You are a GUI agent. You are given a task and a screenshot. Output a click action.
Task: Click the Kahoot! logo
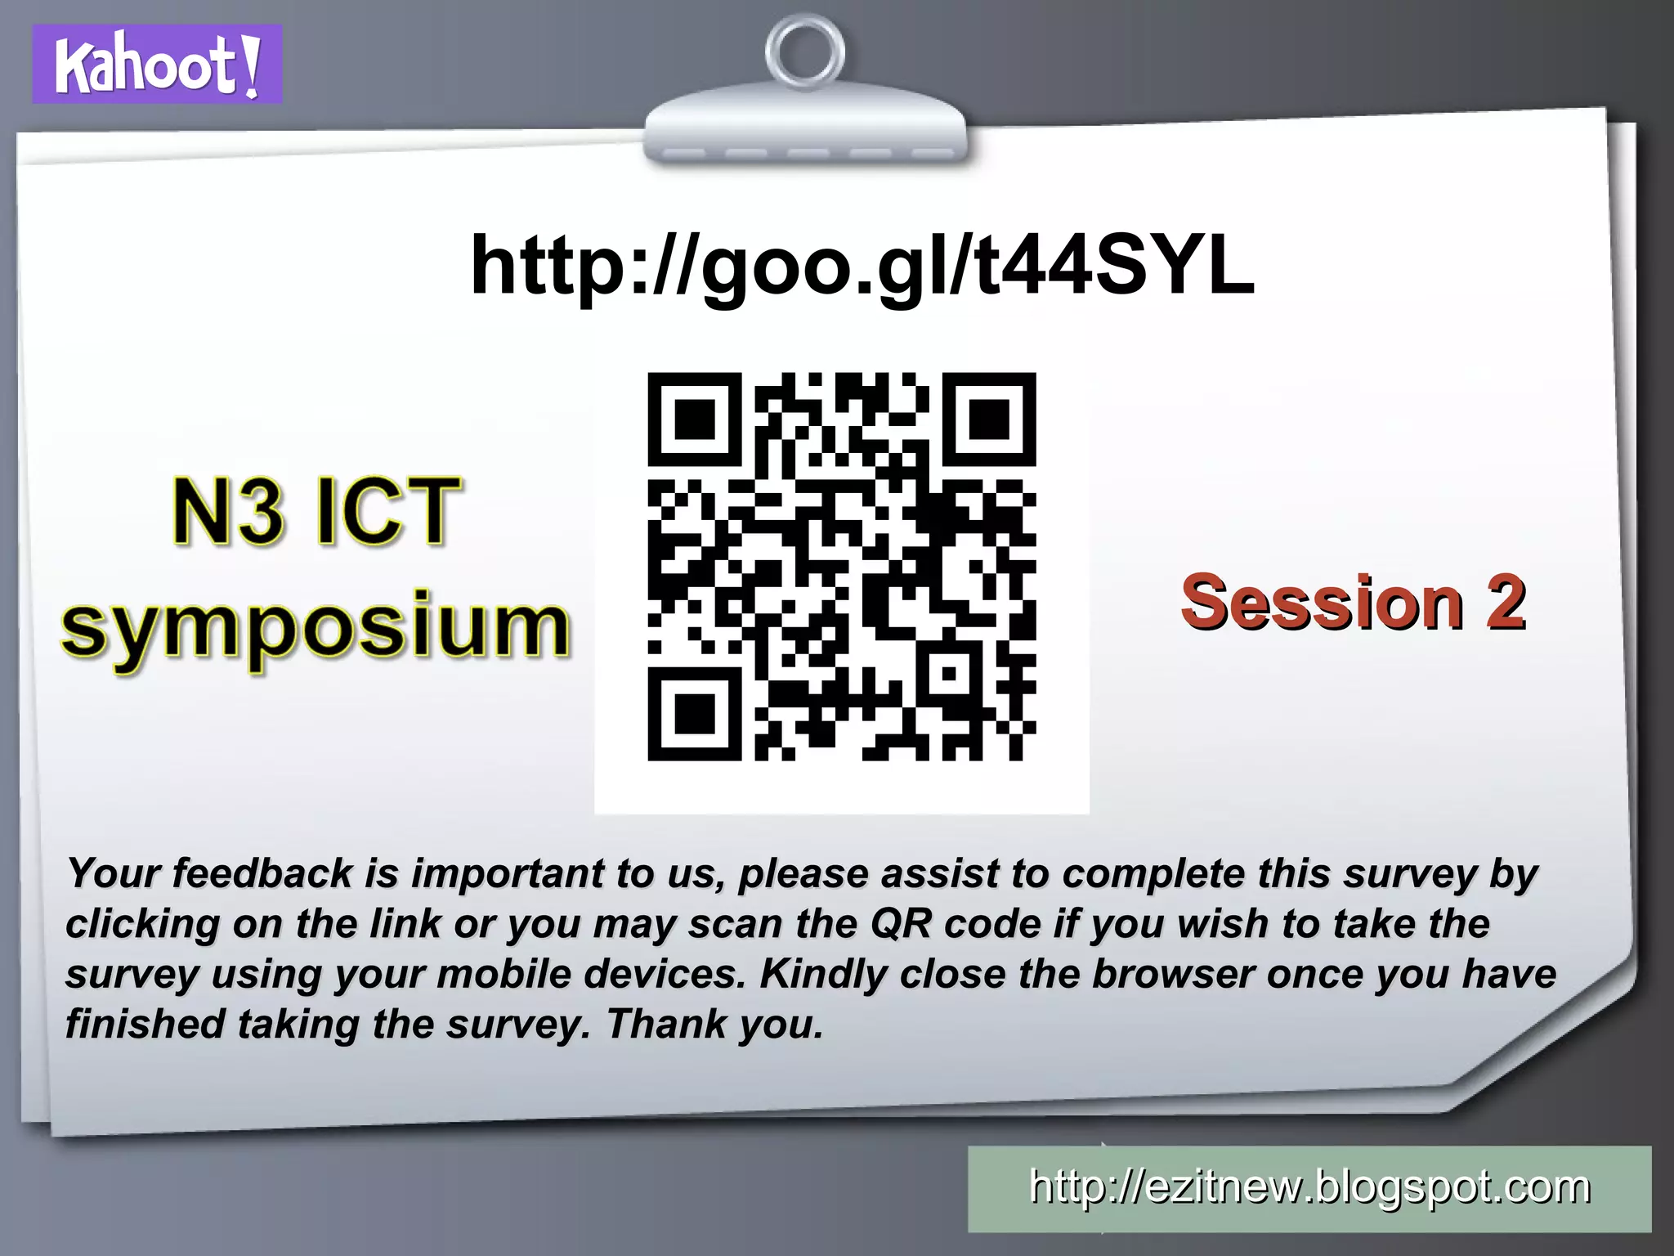(x=157, y=65)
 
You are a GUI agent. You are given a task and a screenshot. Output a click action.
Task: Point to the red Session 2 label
(x=1353, y=603)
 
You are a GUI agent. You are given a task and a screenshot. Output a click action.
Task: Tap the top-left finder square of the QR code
(x=694, y=419)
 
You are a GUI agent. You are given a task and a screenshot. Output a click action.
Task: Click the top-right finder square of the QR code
(x=989, y=419)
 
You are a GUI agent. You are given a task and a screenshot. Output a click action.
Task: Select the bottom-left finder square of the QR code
(x=694, y=714)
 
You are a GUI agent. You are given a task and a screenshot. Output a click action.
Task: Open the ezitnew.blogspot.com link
(x=1309, y=1187)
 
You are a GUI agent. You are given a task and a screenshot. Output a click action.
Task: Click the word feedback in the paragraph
(x=262, y=873)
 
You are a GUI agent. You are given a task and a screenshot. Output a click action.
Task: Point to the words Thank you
(x=714, y=1025)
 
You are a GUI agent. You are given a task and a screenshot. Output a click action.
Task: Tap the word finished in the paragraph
(x=144, y=1024)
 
